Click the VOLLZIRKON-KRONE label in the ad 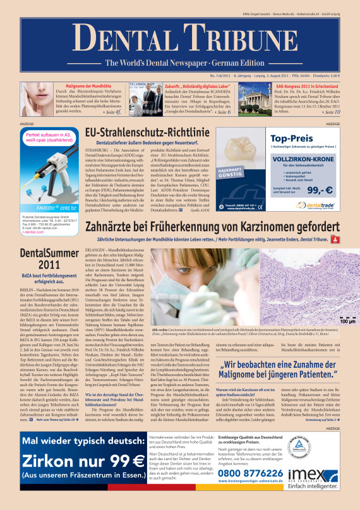pyautogui.click(x=306, y=161)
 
